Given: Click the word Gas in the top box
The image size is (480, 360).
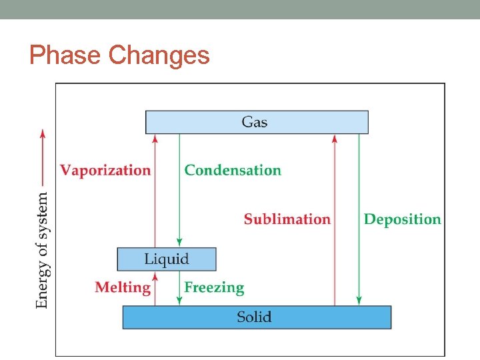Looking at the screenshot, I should [x=255, y=122].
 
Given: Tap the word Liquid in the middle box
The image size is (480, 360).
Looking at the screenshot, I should [x=167, y=259].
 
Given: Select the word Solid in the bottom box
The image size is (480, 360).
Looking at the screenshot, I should [x=255, y=317].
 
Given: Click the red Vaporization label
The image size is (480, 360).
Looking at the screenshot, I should [x=105, y=170].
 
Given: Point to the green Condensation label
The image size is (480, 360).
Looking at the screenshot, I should [x=233, y=170].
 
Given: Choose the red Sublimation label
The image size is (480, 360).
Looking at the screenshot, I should [x=287, y=219].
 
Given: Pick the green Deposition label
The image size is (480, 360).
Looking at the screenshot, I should [x=402, y=219].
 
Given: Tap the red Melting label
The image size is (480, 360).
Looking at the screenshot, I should [x=123, y=287].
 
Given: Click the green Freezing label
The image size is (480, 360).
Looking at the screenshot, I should [x=214, y=287].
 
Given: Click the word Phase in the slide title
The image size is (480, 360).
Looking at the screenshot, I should [x=65, y=55].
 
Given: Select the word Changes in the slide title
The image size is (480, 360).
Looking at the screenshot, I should [x=159, y=55].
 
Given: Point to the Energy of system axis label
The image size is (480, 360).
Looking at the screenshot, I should [x=42, y=250].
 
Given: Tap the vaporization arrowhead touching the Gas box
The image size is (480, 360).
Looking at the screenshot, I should [x=155, y=138].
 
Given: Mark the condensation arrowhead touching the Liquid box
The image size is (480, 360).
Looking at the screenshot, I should [x=179, y=243].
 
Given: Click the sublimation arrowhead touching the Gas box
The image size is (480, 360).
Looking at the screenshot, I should [x=335, y=138].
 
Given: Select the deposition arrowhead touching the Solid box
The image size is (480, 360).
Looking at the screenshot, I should [x=359, y=301].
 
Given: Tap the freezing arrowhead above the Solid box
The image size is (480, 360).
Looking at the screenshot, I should [x=179, y=301].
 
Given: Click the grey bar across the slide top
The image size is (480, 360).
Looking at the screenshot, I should [x=240, y=9].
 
